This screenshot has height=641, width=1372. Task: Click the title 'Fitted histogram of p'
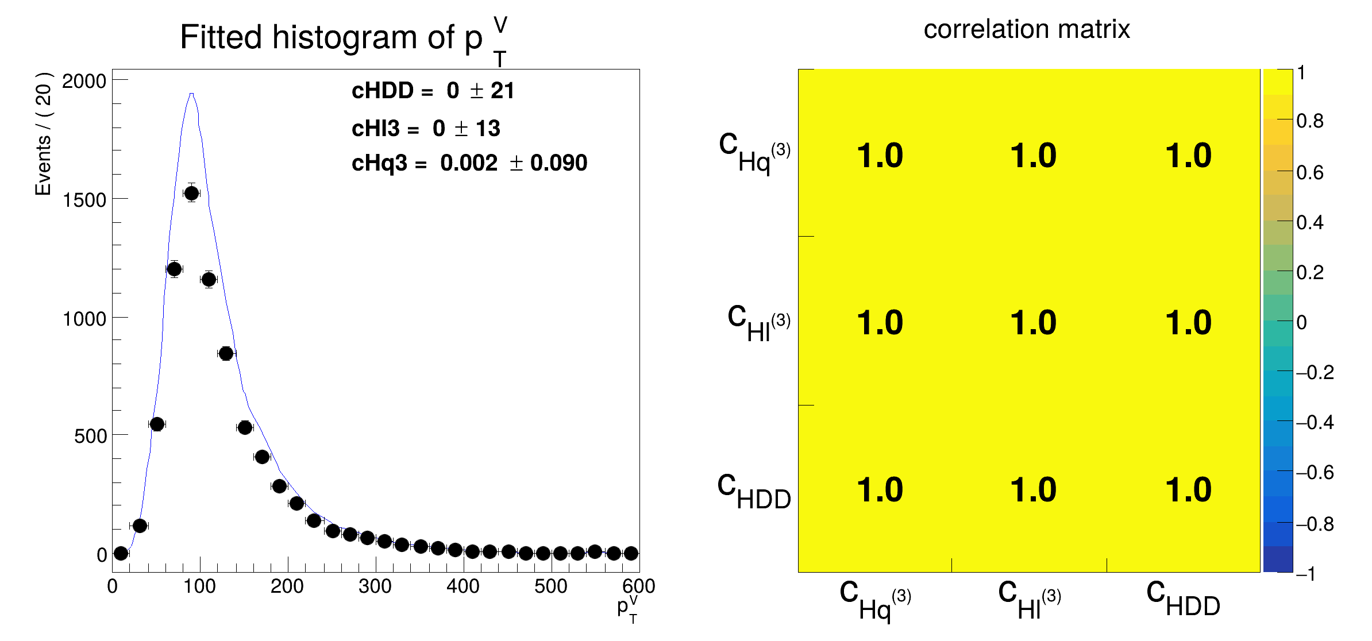[331, 38]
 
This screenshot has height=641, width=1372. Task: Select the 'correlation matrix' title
[1026, 29]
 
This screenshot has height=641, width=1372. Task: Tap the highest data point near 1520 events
[191, 193]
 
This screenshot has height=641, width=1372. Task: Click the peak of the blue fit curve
[191, 94]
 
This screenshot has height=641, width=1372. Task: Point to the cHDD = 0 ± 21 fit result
[433, 91]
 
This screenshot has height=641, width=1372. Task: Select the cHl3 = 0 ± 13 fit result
[426, 129]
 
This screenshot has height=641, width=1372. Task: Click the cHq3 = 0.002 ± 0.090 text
[469, 163]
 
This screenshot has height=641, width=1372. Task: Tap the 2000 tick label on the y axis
[84, 81]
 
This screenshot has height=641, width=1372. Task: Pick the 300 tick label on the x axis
[375, 586]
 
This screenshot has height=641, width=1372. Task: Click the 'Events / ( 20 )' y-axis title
[44, 134]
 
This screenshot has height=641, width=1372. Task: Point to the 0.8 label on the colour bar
[1309, 121]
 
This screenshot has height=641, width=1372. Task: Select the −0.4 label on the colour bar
[1315, 423]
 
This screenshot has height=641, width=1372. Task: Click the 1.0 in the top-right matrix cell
[1188, 156]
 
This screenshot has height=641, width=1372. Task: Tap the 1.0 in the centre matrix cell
[1033, 322]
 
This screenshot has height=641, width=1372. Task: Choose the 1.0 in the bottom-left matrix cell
[879, 490]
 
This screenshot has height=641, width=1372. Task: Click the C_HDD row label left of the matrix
[753, 492]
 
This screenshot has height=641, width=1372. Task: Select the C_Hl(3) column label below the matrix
[1029, 600]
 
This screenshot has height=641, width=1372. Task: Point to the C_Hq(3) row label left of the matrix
[754, 152]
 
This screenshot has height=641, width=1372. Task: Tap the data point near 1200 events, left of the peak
[174, 269]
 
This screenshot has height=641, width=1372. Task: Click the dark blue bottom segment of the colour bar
[1277, 559]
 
